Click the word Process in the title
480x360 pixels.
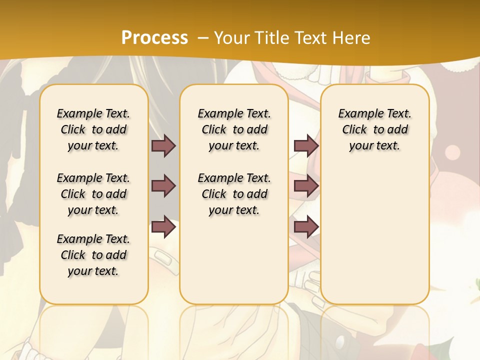(154, 38)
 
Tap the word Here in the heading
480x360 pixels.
(352, 38)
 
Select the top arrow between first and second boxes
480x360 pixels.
(163, 145)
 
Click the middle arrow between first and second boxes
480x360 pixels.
(163, 186)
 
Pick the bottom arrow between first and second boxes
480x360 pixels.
(163, 226)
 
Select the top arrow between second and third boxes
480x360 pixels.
(306, 145)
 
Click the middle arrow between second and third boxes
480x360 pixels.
(306, 186)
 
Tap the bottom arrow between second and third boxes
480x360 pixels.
(306, 226)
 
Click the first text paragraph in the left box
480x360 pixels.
(93, 129)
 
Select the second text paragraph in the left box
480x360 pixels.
(93, 194)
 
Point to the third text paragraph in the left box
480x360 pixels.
(93, 255)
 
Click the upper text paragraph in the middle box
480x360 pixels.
(234, 129)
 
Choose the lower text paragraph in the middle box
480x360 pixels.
(234, 194)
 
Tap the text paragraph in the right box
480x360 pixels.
(375, 129)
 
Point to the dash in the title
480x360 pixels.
(203, 38)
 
